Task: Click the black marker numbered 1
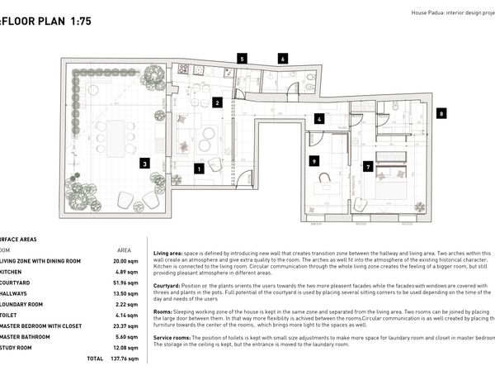tap(199, 169)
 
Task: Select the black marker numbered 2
tap(217, 103)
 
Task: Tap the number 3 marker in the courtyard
tap(144, 164)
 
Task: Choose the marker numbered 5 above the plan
tap(242, 59)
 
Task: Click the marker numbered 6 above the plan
tap(283, 59)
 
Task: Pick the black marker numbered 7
tap(368, 166)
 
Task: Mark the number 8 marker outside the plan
tap(442, 113)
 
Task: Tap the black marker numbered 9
tap(314, 161)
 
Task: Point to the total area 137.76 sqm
tap(120, 359)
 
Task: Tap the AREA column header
tap(124, 249)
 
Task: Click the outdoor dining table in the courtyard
tap(115, 137)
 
